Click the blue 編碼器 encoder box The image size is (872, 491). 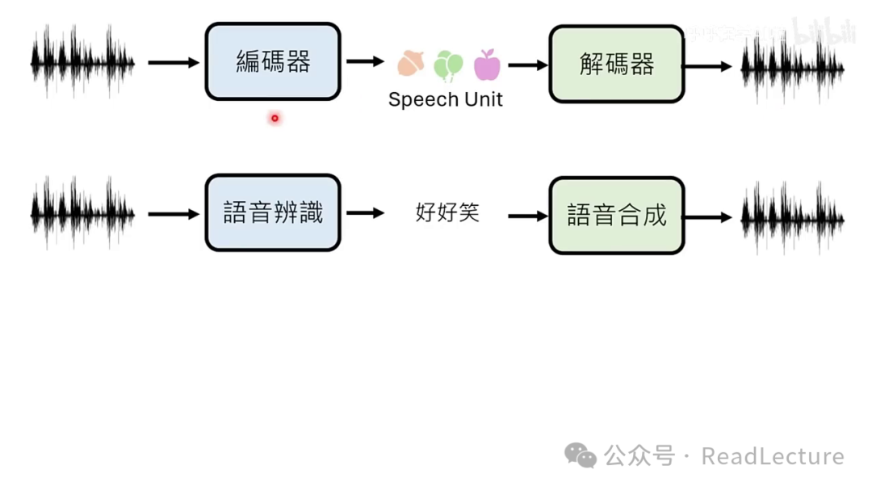click(273, 62)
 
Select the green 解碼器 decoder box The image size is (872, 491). click(617, 65)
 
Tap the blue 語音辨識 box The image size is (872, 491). click(273, 213)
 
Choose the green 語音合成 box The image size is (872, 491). click(617, 216)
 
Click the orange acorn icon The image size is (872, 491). click(411, 64)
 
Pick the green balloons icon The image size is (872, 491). click(448, 65)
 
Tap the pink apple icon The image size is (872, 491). click(487, 65)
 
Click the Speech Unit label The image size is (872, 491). click(445, 99)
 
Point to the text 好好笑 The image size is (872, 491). click(447, 212)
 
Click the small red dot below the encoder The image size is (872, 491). click(275, 118)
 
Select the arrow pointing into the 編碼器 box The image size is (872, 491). click(173, 62)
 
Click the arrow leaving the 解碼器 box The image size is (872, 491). click(707, 66)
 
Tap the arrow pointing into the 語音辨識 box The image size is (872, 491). click(173, 214)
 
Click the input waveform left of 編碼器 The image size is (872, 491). click(82, 61)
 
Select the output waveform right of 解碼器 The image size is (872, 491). click(793, 66)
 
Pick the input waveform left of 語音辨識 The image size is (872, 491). click(82, 213)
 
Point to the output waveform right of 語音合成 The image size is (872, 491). click(793, 217)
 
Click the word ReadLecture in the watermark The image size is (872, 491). click(773, 456)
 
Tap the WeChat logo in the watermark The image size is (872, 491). click(581, 455)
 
